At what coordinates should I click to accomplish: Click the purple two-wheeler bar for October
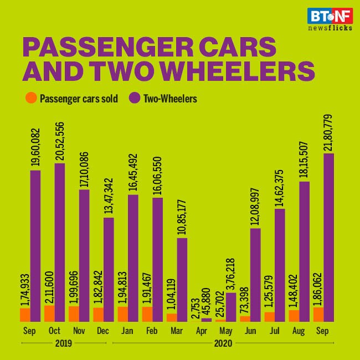tap(59, 242)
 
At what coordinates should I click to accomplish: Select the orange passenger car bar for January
tap(123, 314)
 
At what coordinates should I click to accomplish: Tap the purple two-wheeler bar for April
tap(206, 320)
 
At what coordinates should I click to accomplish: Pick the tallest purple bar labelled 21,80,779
tap(328, 237)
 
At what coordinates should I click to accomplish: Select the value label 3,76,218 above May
tap(230, 269)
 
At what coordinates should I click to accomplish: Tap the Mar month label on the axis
tap(177, 331)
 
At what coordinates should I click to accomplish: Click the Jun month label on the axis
tap(250, 331)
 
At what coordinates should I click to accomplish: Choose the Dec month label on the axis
tap(103, 331)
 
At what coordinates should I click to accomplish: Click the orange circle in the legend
tap(32, 99)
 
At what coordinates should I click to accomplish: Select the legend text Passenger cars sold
tap(79, 99)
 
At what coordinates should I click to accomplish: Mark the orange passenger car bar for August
tap(294, 315)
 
